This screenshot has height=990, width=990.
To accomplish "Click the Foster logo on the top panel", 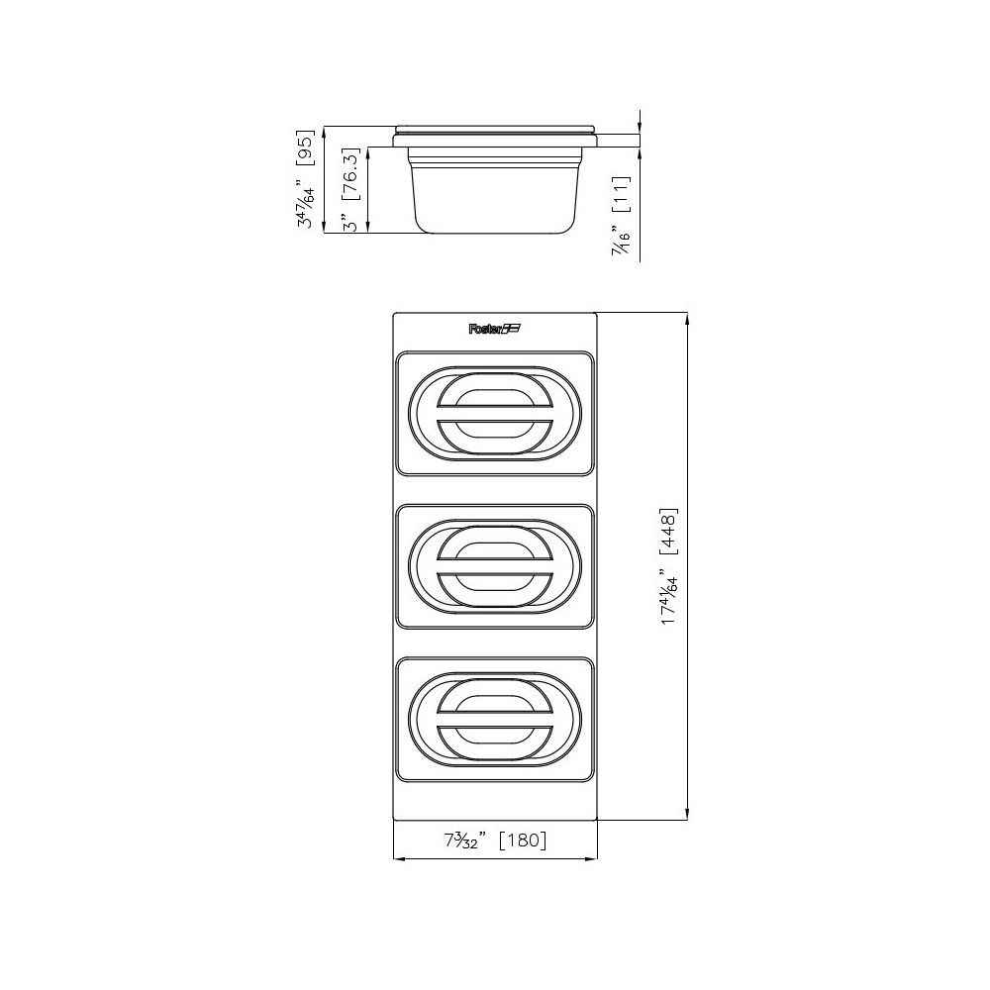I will [494, 330].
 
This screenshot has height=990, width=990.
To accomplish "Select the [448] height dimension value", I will [669, 536].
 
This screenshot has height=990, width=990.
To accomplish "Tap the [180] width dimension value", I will [521, 841].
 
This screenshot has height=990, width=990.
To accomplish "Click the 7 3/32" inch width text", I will [462, 841].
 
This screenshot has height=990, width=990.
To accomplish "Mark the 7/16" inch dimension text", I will [622, 240].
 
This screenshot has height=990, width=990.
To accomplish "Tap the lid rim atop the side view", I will [496, 130].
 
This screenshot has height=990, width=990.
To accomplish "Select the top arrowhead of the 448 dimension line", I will [688, 318].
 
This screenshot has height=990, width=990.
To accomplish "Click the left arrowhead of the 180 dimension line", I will [398, 857].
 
